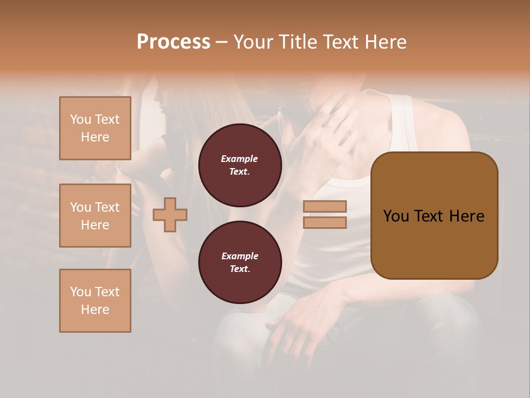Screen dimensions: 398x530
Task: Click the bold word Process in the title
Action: (x=173, y=42)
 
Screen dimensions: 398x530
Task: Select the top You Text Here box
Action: (x=95, y=128)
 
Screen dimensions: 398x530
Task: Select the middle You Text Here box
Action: (x=95, y=216)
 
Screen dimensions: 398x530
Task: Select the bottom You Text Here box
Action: (x=95, y=301)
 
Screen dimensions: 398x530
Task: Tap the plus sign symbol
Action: (x=170, y=214)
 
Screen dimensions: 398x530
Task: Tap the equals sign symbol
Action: (x=325, y=214)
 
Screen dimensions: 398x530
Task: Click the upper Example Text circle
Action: (x=240, y=165)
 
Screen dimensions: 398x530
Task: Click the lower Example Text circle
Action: (x=240, y=262)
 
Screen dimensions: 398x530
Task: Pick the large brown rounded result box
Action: (x=434, y=216)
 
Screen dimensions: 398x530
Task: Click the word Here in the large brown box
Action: (x=467, y=216)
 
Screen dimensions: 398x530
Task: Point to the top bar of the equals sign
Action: (x=325, y=206)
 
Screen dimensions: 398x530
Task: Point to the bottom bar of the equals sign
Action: (x=325, y=223)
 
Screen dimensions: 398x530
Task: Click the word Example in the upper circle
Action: (x=239, y=159)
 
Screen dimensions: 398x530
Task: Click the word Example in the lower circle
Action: (x=239, y=256)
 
